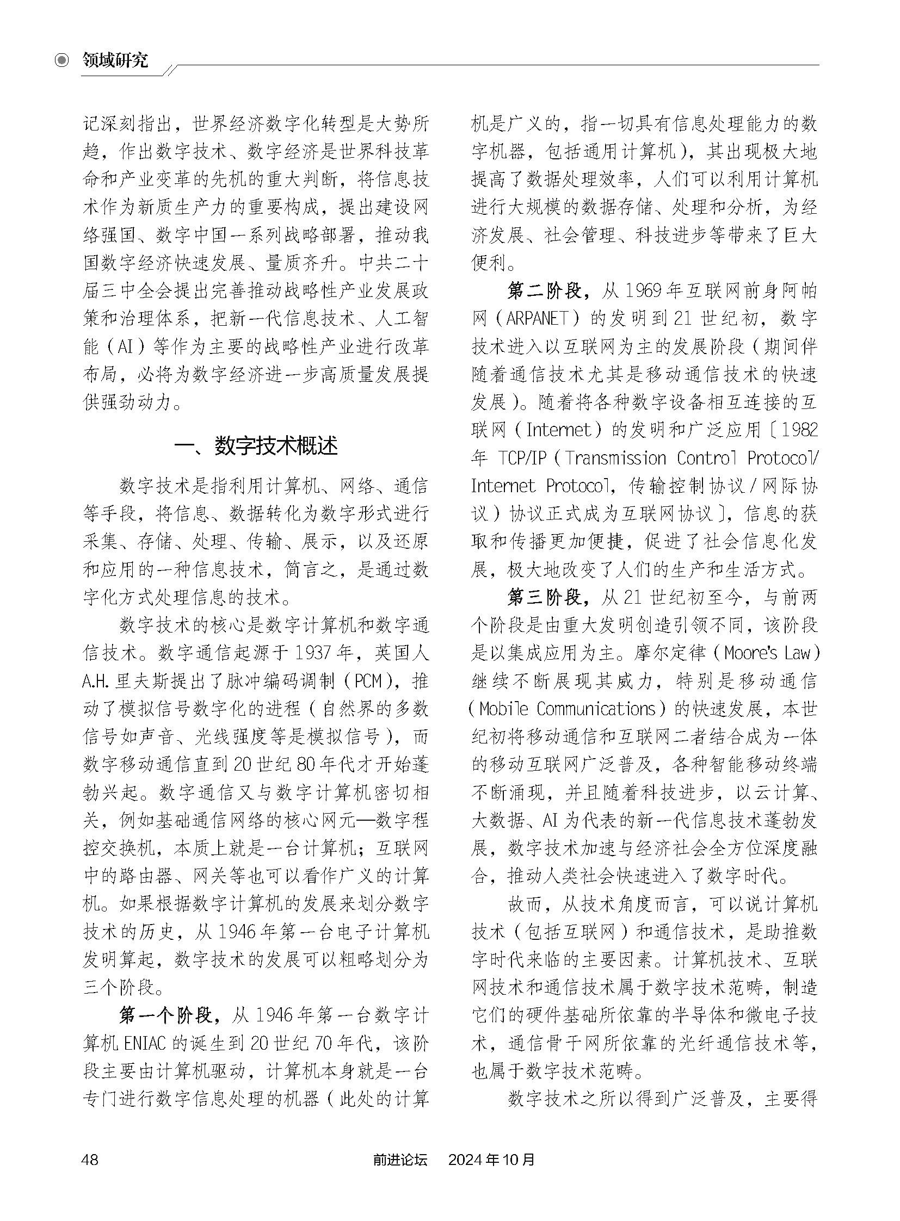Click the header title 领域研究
click(x=115, y=60)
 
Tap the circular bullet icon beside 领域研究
click(x=63, y=60)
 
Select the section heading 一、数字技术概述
click(x=256, y=445)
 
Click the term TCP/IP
click(x=522, y=458)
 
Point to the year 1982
click(x=800, y=430)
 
